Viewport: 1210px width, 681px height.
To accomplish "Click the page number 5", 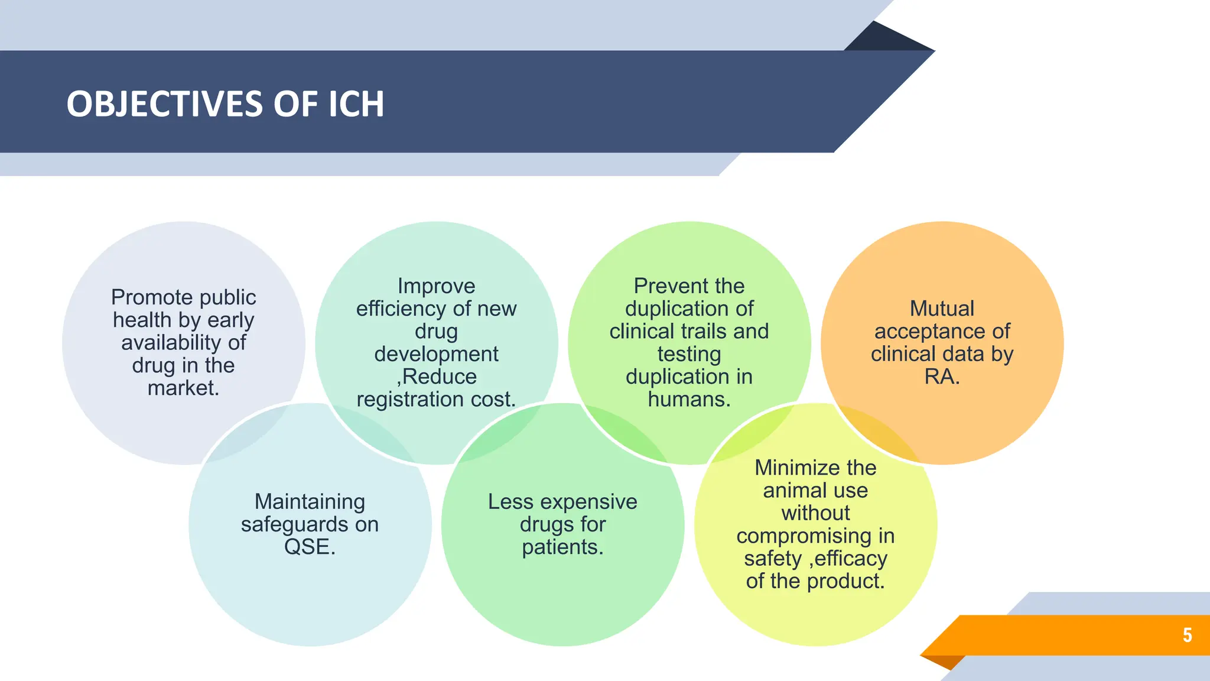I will point(1187,635).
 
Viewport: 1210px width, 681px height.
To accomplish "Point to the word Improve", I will point(436,286).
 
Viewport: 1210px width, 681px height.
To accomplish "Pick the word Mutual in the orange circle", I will point(942,309).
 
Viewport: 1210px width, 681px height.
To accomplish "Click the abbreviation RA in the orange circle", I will point(938,377).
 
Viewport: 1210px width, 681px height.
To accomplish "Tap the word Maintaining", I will point(310,502).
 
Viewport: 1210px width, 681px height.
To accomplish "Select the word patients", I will point(560,547).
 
